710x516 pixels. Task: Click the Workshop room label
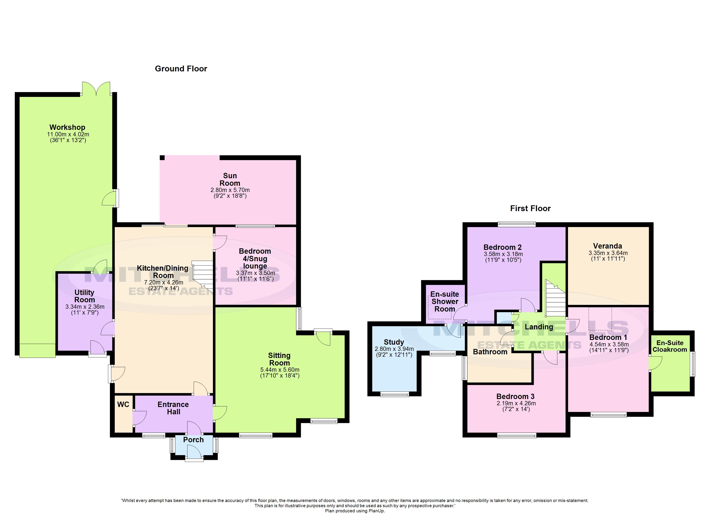(x=67, y=127)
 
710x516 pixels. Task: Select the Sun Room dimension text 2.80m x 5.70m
(x=230, y=190)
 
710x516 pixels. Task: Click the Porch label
(x=193, y=440)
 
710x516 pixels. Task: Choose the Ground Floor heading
(x=181, y=69)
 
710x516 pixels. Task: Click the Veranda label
(x=607, y=246)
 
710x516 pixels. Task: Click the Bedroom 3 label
(x=515, y=396)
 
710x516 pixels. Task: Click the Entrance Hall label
(x=173, y=408)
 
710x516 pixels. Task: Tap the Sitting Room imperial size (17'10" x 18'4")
(x=279, y=376)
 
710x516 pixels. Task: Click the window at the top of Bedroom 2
(x=517, y=224)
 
